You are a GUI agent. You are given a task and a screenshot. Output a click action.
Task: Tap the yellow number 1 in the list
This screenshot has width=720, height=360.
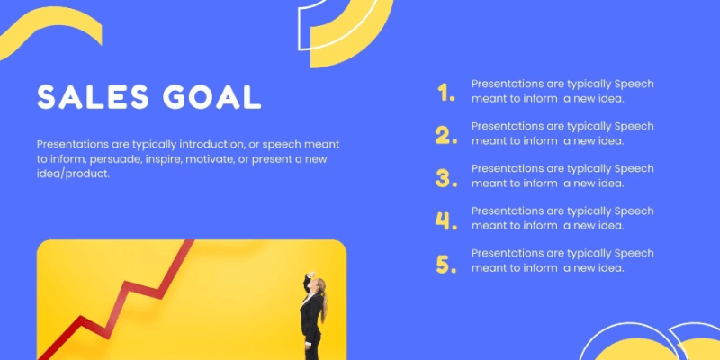coord(446,92)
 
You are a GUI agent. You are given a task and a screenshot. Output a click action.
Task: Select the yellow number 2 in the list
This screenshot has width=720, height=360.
coord(446,135)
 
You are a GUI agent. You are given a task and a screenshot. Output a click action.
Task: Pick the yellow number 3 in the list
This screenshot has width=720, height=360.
coord(446,177)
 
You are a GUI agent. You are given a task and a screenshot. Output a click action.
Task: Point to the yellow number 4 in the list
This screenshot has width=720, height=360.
coord(446,220)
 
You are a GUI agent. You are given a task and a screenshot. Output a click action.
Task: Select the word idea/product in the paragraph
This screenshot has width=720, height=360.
coord(73,175)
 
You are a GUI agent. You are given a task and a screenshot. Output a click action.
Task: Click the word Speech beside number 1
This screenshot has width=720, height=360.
coord(634,84)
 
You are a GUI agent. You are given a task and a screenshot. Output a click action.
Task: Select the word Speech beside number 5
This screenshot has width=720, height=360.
coord(634,254)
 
